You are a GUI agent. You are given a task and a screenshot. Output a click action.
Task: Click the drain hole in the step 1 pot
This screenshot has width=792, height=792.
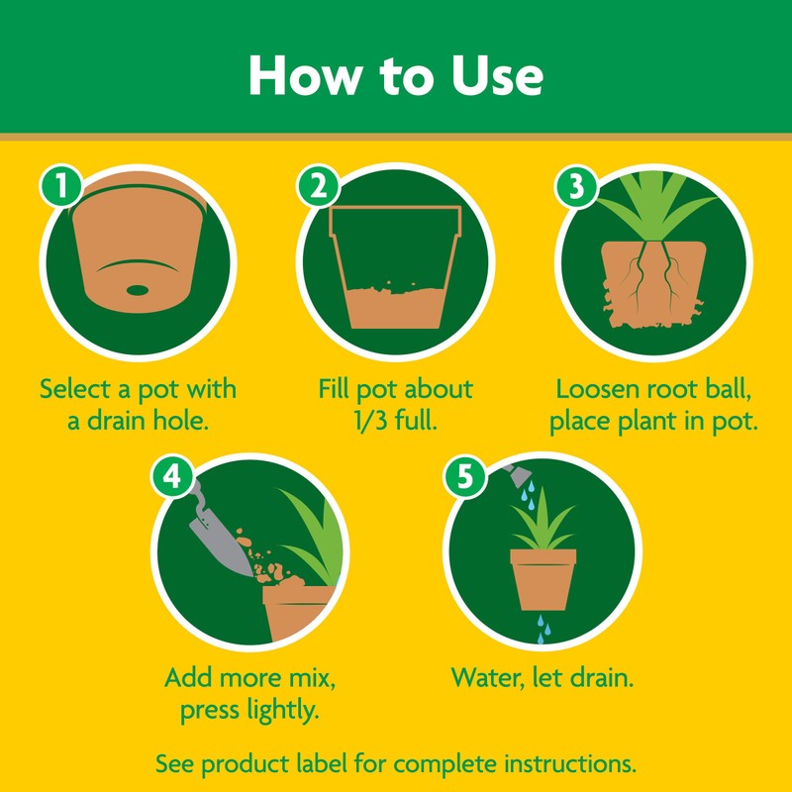tap(138, 290)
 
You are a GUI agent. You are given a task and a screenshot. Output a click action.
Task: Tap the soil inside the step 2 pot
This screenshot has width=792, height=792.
tap(396, 307)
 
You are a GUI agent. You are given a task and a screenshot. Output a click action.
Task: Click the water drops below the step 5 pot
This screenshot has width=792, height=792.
tap(543, 628)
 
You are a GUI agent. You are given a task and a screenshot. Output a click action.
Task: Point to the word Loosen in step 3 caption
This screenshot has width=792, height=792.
tap(603, 388)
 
